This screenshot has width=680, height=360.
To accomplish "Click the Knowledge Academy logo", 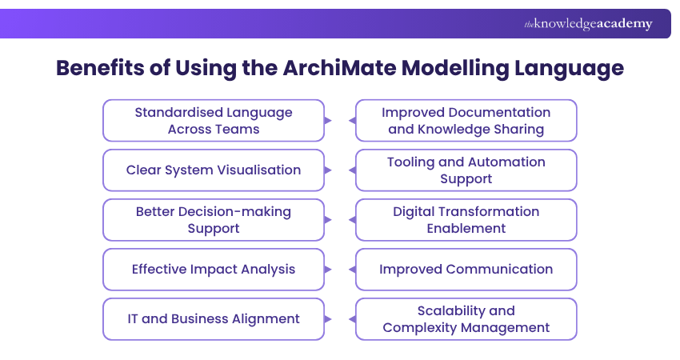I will pyautogui.click(x=588, y=24).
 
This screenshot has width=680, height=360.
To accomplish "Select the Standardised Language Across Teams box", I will pyautogui.click(x=214, y=120).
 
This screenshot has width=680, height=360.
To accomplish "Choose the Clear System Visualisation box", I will pyautogui.click(x=214, y=170).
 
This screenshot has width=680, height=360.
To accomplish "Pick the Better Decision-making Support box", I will pyautogui.click(x=214, y=219).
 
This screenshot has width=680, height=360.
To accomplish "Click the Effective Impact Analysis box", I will pyautogui.click(x=214, y=269).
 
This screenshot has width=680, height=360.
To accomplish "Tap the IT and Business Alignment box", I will pyautogui.click(x=214, y=318).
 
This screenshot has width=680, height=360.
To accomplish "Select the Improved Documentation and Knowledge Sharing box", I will pyautogui.click(x=466, y=120).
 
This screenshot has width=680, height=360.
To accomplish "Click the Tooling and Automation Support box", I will pyautogui.click(x=466, y=170).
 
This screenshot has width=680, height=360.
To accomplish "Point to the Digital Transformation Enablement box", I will pyautogui.click(x=466, y=219).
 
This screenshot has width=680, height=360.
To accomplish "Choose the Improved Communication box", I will pyautogui.click(x=466, y=269).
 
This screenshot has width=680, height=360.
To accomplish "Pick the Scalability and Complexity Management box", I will pyautogui.click(x=466, y=318).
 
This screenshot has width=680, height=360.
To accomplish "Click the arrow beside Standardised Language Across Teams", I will pyautogui.click(x=327, y=120).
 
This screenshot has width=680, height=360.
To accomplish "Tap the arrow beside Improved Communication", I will pyautogui.click(x=352, y=269).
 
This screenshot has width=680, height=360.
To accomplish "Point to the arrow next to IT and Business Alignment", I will pyautogui.click(x=327, y=318).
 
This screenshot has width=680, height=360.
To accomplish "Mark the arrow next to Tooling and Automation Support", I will pyautogui.click(x=352, y=170).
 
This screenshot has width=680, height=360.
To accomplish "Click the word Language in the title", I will pyautogui.click(x=564, y=68).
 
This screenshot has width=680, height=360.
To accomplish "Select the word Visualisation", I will pyautogui.click(x=258, y=170).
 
